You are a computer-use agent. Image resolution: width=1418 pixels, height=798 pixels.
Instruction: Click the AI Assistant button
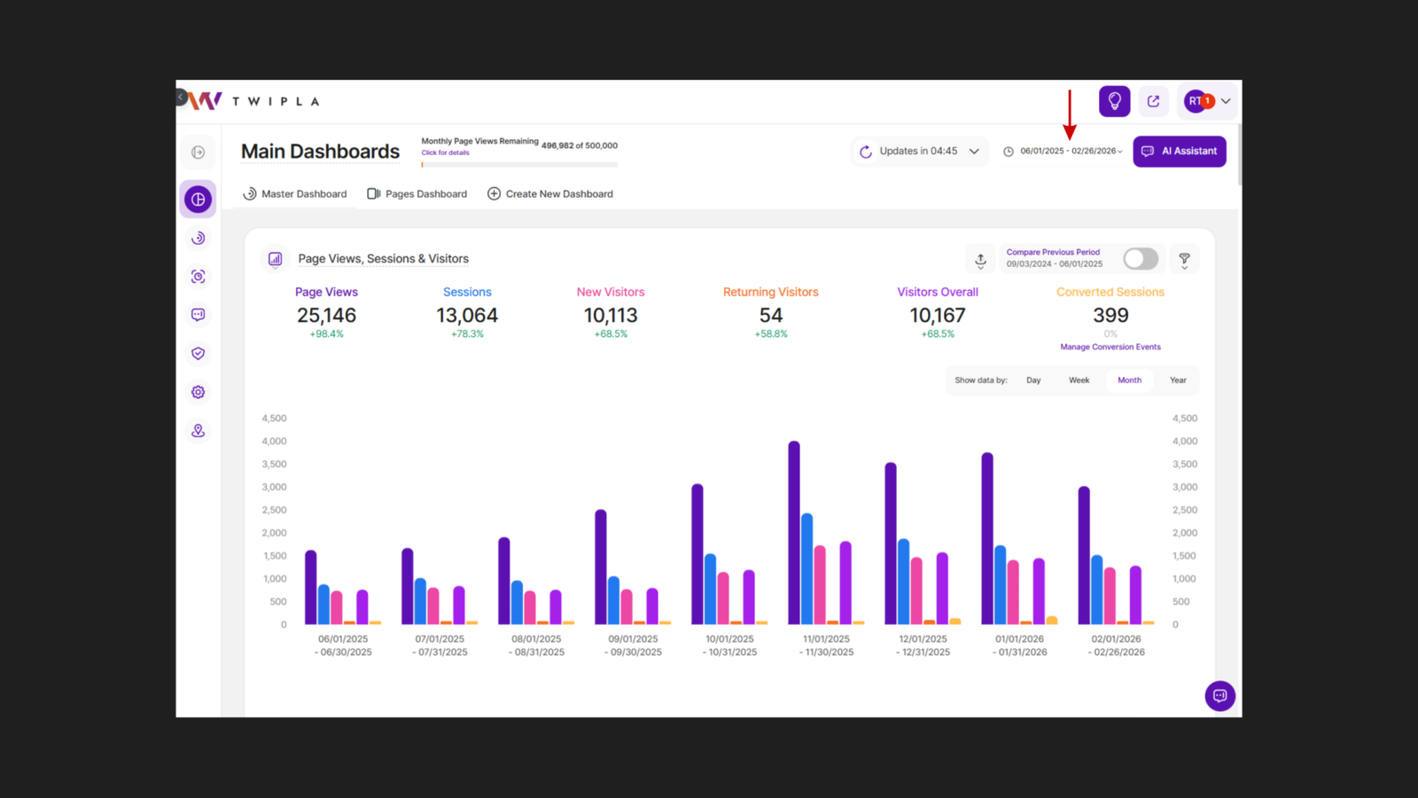pos(1179,152)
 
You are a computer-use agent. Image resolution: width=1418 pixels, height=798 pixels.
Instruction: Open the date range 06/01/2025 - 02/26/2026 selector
pos(1066,152)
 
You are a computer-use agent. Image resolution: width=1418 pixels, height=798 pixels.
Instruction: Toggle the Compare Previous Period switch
pos(1140,259)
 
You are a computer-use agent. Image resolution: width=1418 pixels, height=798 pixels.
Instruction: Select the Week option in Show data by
pos(1079,380)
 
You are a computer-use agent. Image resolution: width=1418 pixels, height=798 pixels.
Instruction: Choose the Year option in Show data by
pos(1177,380)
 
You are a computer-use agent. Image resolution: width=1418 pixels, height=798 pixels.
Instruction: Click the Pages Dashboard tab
pos(417,194)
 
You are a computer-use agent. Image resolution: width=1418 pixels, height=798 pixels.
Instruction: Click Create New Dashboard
pos(549,194)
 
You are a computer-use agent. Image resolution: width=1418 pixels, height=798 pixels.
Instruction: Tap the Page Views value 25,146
pos(326,316)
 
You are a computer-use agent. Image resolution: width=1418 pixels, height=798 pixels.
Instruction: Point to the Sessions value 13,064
pos(467,316)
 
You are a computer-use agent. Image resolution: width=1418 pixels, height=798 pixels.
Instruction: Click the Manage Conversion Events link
pos(1110,348)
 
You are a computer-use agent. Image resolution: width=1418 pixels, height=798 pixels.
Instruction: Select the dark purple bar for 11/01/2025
pos(794,532)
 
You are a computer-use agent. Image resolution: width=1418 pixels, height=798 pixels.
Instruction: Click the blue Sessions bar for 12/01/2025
pos(903,581)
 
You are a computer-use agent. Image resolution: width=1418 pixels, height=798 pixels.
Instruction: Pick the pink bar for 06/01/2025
pos(337,607)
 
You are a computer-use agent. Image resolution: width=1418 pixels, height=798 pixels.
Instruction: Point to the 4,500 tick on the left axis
pos(274,419)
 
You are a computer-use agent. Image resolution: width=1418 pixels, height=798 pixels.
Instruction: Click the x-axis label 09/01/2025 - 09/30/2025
pos(634,645)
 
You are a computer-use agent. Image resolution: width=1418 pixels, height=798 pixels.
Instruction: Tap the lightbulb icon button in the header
pos(1114,101)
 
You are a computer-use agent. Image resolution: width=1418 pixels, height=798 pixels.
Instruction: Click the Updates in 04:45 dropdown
pos(919,152)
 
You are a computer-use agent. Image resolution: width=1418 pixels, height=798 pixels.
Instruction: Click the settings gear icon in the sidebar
pos(198,392)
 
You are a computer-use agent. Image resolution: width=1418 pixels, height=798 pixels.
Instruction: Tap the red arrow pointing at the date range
pos(1070,115)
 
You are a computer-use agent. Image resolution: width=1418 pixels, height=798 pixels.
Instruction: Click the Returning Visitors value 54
pos(770,316)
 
